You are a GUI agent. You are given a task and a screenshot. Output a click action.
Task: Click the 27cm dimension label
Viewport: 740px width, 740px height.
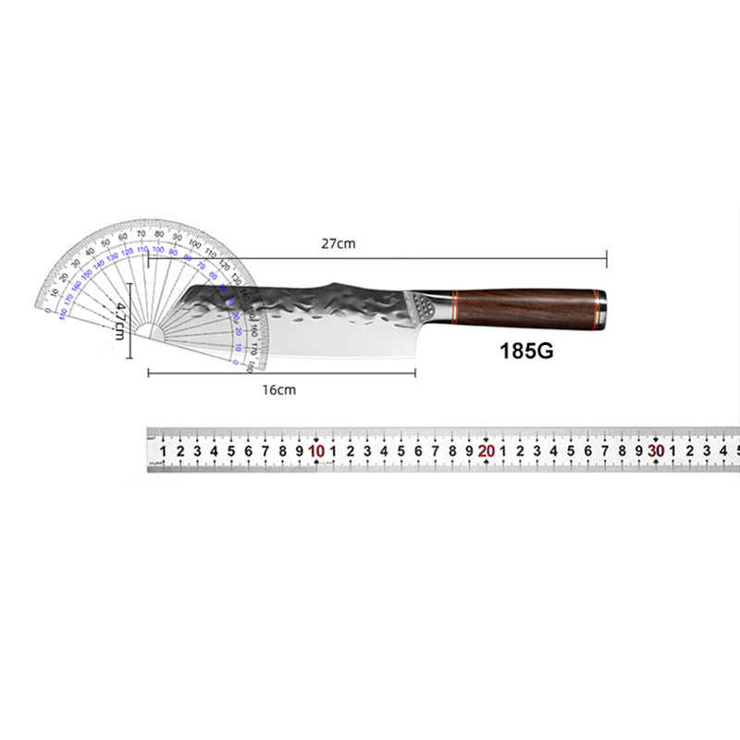click(338, 244)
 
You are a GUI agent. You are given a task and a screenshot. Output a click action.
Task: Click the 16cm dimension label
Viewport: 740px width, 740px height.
click(278, 389)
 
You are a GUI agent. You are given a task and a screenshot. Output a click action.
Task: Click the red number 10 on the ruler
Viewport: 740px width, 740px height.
click(316, 451)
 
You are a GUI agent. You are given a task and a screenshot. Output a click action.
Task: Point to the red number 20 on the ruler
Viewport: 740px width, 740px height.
click(486, 451)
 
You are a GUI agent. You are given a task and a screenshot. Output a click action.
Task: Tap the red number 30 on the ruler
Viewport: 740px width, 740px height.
click(656, 451)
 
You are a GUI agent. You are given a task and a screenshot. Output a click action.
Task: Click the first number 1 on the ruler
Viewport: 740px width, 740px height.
click(164, 451)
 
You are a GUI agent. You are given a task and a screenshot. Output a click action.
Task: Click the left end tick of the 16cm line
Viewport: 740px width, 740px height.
click(148, 373)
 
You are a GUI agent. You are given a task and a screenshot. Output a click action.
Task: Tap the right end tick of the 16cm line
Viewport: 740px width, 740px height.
click(414, 373)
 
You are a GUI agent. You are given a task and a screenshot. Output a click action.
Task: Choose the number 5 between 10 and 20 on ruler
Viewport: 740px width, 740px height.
click(401, 451)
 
